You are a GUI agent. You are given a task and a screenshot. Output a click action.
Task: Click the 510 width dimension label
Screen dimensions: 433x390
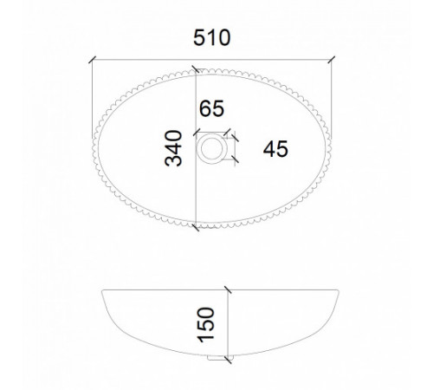click(212, 38)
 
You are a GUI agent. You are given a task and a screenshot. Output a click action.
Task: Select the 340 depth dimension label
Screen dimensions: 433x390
click(173, 148)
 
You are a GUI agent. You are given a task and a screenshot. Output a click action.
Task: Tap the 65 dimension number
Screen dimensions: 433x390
click(211, 108)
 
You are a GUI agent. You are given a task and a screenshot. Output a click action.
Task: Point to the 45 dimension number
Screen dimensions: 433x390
click(275, 149)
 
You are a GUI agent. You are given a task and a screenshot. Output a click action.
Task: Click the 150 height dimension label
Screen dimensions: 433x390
click(206, 325)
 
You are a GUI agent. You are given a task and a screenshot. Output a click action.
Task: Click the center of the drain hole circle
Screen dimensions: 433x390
click(212, 149)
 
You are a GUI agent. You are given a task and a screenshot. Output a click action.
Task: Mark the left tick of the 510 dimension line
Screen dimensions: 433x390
click(92, 60)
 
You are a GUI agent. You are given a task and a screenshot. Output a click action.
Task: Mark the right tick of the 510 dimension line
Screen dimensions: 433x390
click(332, 60)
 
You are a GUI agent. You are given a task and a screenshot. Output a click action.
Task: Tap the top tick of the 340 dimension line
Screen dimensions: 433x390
click(196, 69)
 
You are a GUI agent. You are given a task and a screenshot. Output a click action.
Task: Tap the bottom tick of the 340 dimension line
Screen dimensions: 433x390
click(196, 227)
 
